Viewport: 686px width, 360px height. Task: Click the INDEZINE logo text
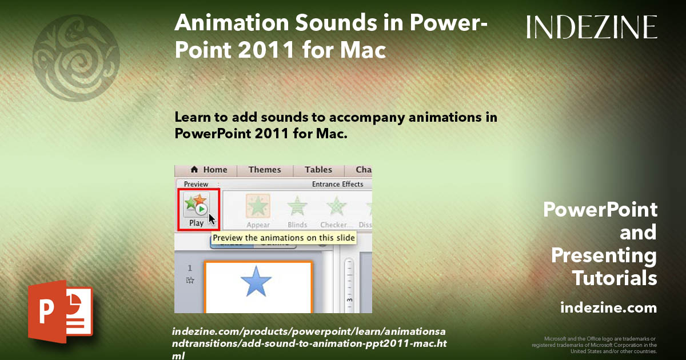click(x=592, y=27)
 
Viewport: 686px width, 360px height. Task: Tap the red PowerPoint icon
click(x=60, y=311)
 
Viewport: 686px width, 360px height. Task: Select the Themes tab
click(x=265, y=170)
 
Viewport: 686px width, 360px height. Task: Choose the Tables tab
click(x=318, y=170)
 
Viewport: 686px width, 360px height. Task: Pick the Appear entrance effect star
click(x=258, y=206)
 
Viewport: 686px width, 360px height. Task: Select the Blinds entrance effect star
click(x=297, y=206)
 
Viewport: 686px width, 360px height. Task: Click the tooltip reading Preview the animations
click(x=284, y=238)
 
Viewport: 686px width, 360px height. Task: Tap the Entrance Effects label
click(x=337, y=185)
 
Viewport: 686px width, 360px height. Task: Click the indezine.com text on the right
click(x=608, y=308)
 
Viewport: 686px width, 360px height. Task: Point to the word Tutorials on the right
click(x=615, y=278)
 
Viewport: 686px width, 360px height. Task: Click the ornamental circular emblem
click(x=76, y=57)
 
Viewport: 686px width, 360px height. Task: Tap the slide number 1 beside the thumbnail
click(x=190, y=268)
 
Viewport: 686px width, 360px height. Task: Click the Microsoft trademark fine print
click(x=595, y=345)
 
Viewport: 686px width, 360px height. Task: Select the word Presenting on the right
click(x=604, y=255)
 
